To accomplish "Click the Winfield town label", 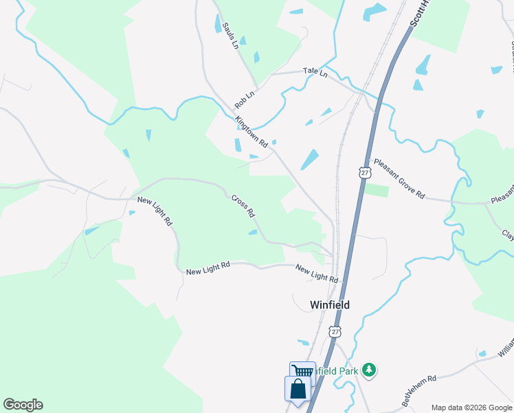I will point(330,304).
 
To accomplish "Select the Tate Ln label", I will point(315,72).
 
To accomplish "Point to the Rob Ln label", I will point(244,99).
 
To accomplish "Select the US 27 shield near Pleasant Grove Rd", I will point(364,171).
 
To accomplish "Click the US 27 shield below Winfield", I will point(335,332).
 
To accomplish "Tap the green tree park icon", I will point(370,370).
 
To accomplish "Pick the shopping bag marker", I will point(298,389).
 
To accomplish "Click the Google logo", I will point(23,405).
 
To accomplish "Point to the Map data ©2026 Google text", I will point(471,407).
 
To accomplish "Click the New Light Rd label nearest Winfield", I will point(317,273).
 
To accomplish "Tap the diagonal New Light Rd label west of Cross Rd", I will point(154,212).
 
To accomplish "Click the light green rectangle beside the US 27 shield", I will point(376,190).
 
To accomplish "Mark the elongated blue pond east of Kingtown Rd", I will point(309,159).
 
